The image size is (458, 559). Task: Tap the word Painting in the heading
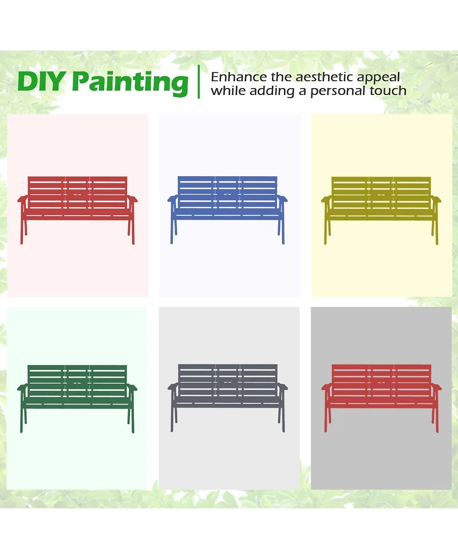point(130,84)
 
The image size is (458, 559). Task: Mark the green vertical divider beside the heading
point(199,82)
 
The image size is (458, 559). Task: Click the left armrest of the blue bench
point(172,199)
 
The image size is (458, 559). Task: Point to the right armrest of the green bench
point(132,387)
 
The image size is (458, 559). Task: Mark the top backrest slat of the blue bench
point(227,179)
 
